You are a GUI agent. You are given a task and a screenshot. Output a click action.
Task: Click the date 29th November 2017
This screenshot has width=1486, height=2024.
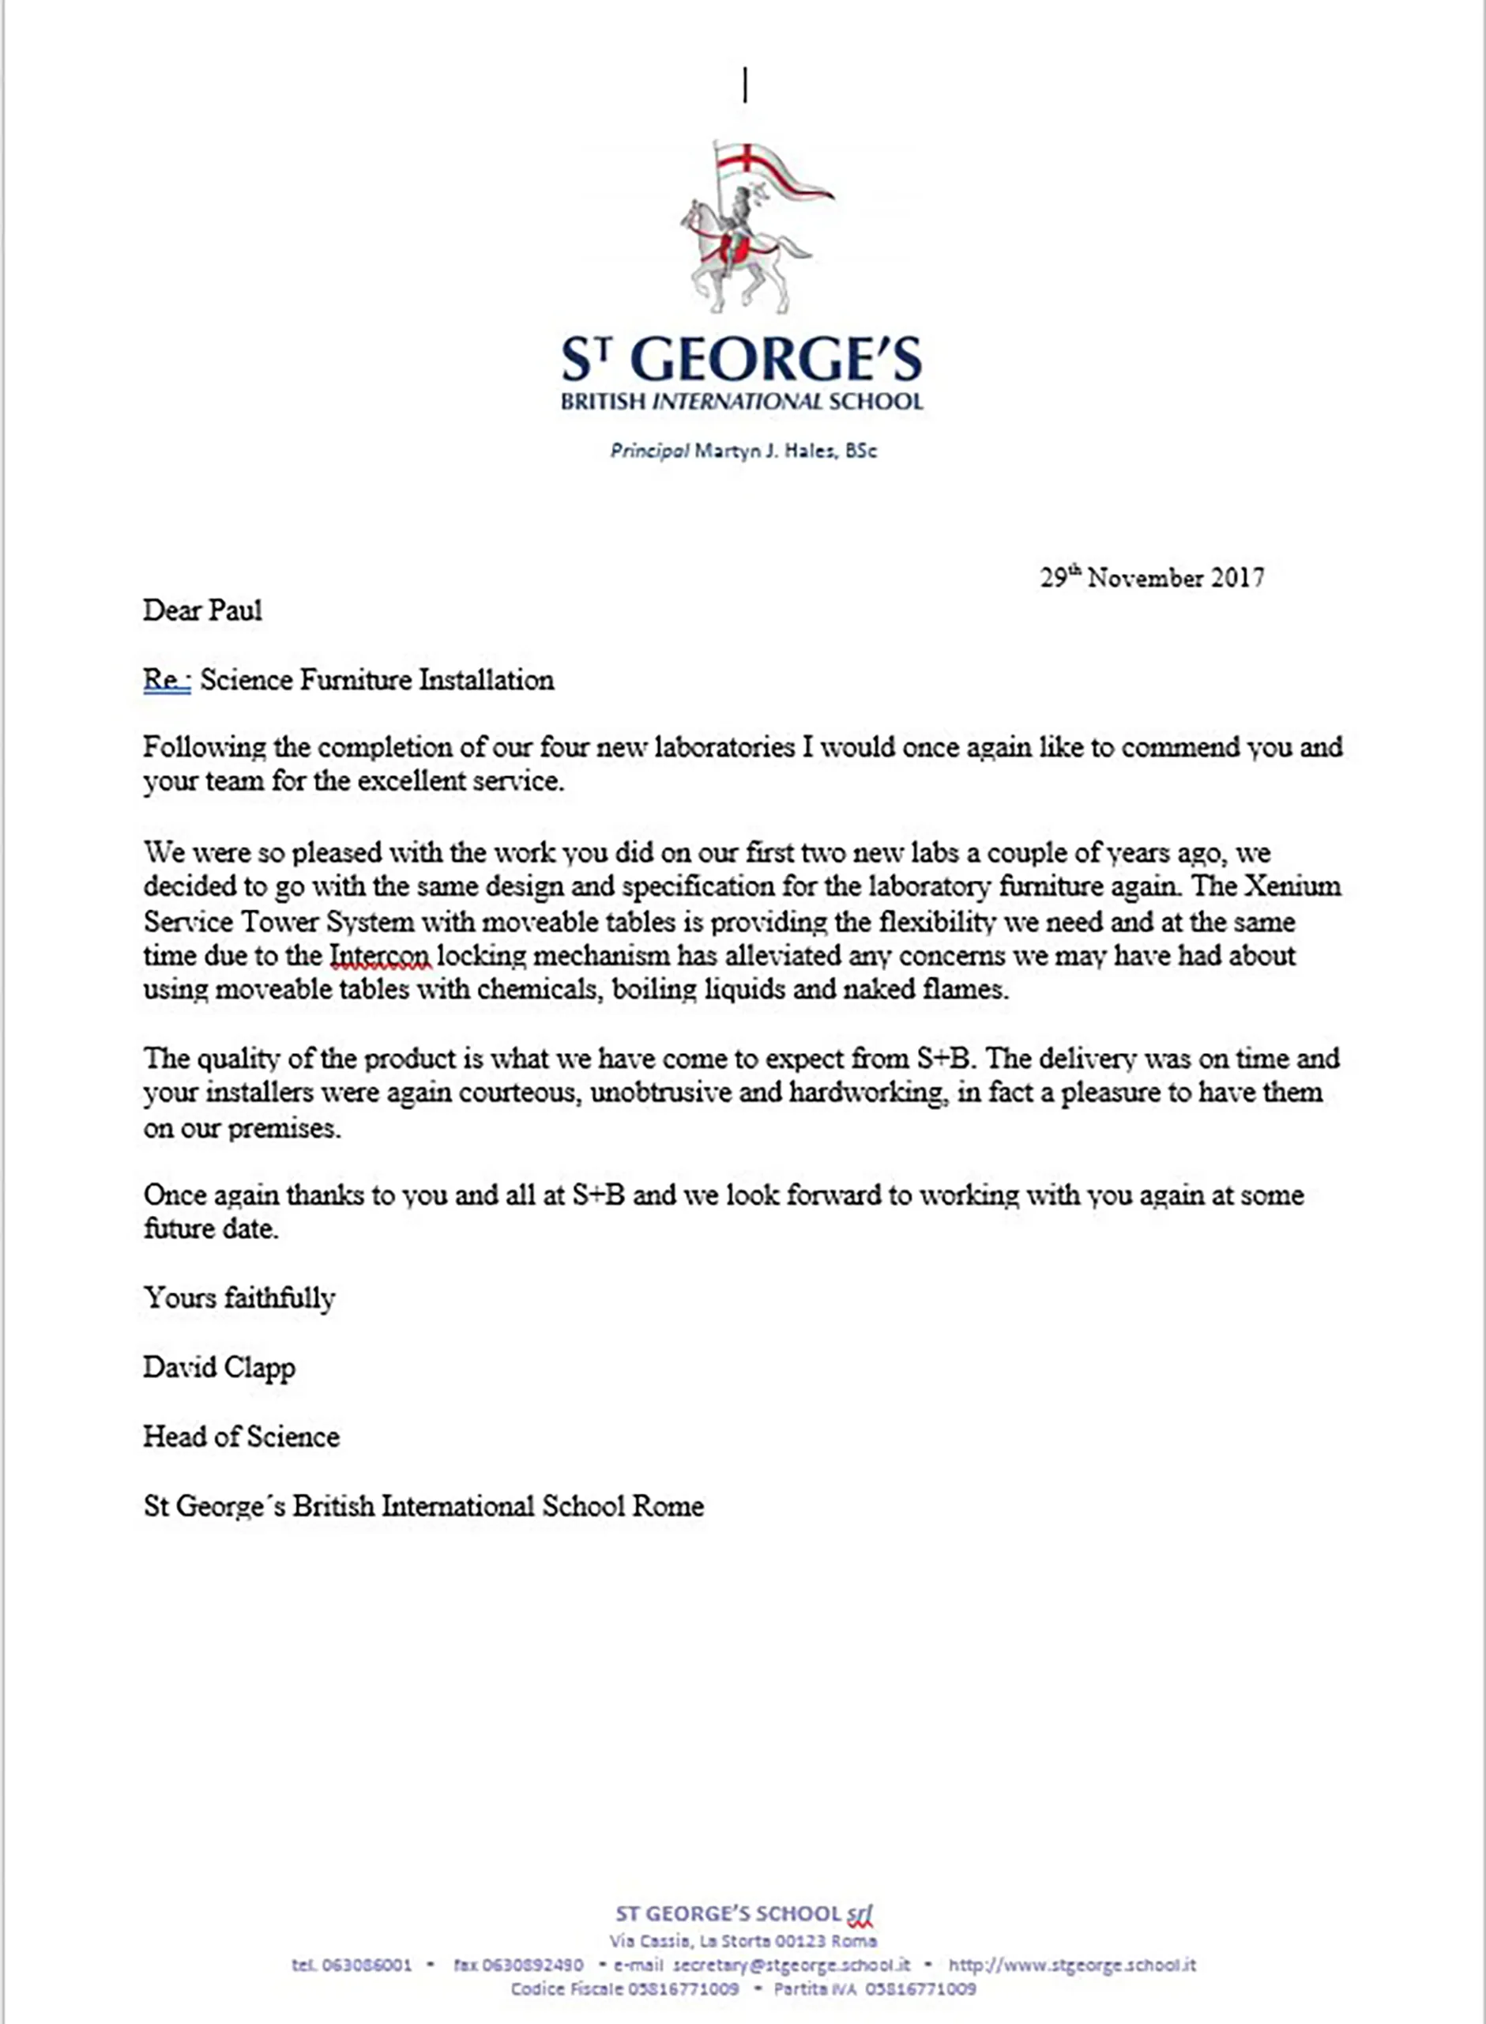[1151, 577]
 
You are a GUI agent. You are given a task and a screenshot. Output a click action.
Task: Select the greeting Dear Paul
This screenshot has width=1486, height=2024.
[202, 610]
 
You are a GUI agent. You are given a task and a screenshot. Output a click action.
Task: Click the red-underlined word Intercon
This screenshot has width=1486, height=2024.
[378, 955]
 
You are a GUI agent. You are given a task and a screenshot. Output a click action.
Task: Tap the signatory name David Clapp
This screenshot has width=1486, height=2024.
[219, 1367]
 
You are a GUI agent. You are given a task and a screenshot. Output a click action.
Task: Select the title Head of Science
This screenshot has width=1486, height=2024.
[241, 1437]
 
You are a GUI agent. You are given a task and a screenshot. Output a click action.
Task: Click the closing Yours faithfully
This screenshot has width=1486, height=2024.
[239, 1297]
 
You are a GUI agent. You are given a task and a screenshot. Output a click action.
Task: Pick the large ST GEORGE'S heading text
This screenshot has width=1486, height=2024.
[742, 358]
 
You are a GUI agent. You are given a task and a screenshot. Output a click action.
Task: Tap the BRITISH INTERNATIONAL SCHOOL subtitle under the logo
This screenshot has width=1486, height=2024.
[742, 402]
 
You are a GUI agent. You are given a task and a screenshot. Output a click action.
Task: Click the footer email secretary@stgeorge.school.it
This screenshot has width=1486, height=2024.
[791, 1965]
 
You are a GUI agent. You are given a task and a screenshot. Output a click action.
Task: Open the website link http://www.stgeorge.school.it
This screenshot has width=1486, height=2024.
[1072, 1965]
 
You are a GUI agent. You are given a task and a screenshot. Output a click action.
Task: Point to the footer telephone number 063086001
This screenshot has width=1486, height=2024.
[366, 1965]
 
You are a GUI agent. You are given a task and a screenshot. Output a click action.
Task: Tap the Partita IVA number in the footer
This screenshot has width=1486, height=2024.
[920, 1989]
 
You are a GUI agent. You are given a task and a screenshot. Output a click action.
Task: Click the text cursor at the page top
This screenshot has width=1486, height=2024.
[745, 85]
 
